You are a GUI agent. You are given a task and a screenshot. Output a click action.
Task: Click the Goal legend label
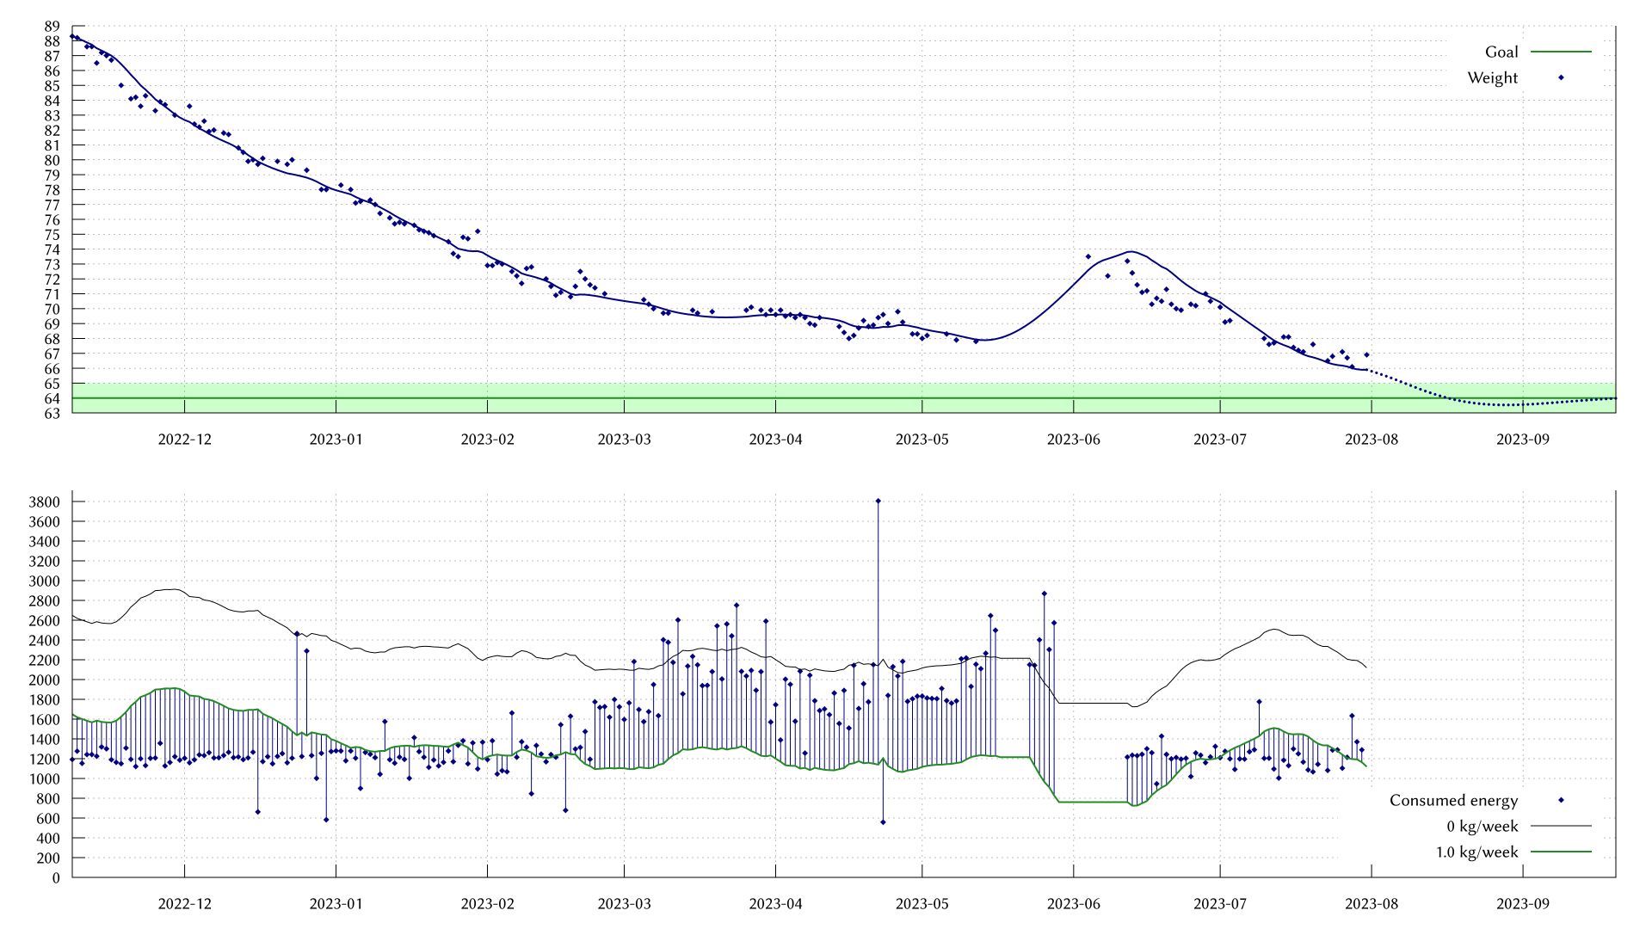click(x=1501, y=52)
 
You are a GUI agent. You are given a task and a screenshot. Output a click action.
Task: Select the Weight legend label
click(x=1493, y=77)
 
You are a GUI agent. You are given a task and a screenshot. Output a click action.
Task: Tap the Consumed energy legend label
click(x=1453, y=800)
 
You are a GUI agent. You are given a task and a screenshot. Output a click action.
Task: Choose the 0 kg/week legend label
click(x=1482, y=826)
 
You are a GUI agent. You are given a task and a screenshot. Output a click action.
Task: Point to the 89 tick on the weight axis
click(x=52, y=26)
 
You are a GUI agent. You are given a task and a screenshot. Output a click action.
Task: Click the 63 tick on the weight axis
click(x=52, y=413)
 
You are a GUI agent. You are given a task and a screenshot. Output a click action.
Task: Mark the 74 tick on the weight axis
click(x=52, y=249)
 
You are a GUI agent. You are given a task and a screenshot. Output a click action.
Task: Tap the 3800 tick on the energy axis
click(x=44, y=501)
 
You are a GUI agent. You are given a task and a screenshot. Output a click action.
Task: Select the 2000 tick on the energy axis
click(x=44, y=680)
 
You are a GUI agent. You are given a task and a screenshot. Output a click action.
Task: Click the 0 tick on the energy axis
click(x=56, y=877)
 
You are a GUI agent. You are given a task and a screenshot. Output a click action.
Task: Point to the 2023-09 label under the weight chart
click(x=1522, y=439)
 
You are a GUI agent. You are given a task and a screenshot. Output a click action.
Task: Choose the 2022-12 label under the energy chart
click(x=184, y=903)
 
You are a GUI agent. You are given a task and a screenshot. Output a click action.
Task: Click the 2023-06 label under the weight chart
click(x=1073, y=439)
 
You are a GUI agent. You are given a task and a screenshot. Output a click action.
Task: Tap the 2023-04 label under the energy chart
click(x=775, y=903)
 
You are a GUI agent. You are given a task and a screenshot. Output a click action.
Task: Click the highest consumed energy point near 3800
click(x=878, y=501)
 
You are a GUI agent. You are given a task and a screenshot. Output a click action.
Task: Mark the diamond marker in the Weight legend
click(x=1561, y=77)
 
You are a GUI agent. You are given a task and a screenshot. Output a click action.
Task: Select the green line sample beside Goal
click(x=1561, y=52)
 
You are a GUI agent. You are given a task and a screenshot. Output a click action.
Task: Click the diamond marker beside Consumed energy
click(x=1561, y=800)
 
